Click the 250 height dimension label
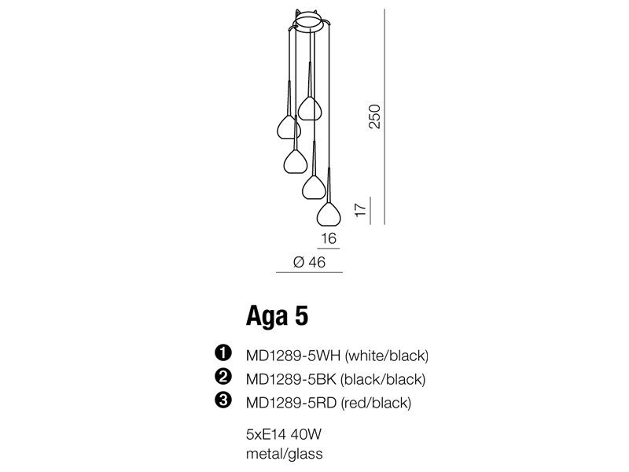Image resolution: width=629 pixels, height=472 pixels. pyautogui.click(x=374, y=116)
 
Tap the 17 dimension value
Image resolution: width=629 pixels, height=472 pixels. pyautogui.click(x=361, y=210)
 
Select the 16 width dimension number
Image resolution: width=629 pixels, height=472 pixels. pyautogui.click(x=329, y=238)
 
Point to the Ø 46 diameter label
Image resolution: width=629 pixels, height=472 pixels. pyautogui.click(x=309, y=263)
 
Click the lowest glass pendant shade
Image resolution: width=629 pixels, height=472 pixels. pyautogui.click(x=329, y=214)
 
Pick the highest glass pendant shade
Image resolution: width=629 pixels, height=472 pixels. pyautogui.click(x=309, y=109)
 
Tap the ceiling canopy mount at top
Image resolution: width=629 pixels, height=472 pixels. pyautogui.click(x=309, y=21)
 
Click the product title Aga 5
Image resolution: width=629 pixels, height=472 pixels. pyautogui.click(x=278, y=316)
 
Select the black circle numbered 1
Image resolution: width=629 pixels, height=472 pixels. pyautogui.click(x=223, y=352)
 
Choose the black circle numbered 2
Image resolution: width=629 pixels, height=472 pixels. pyautogui.click(x=223, y=377)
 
